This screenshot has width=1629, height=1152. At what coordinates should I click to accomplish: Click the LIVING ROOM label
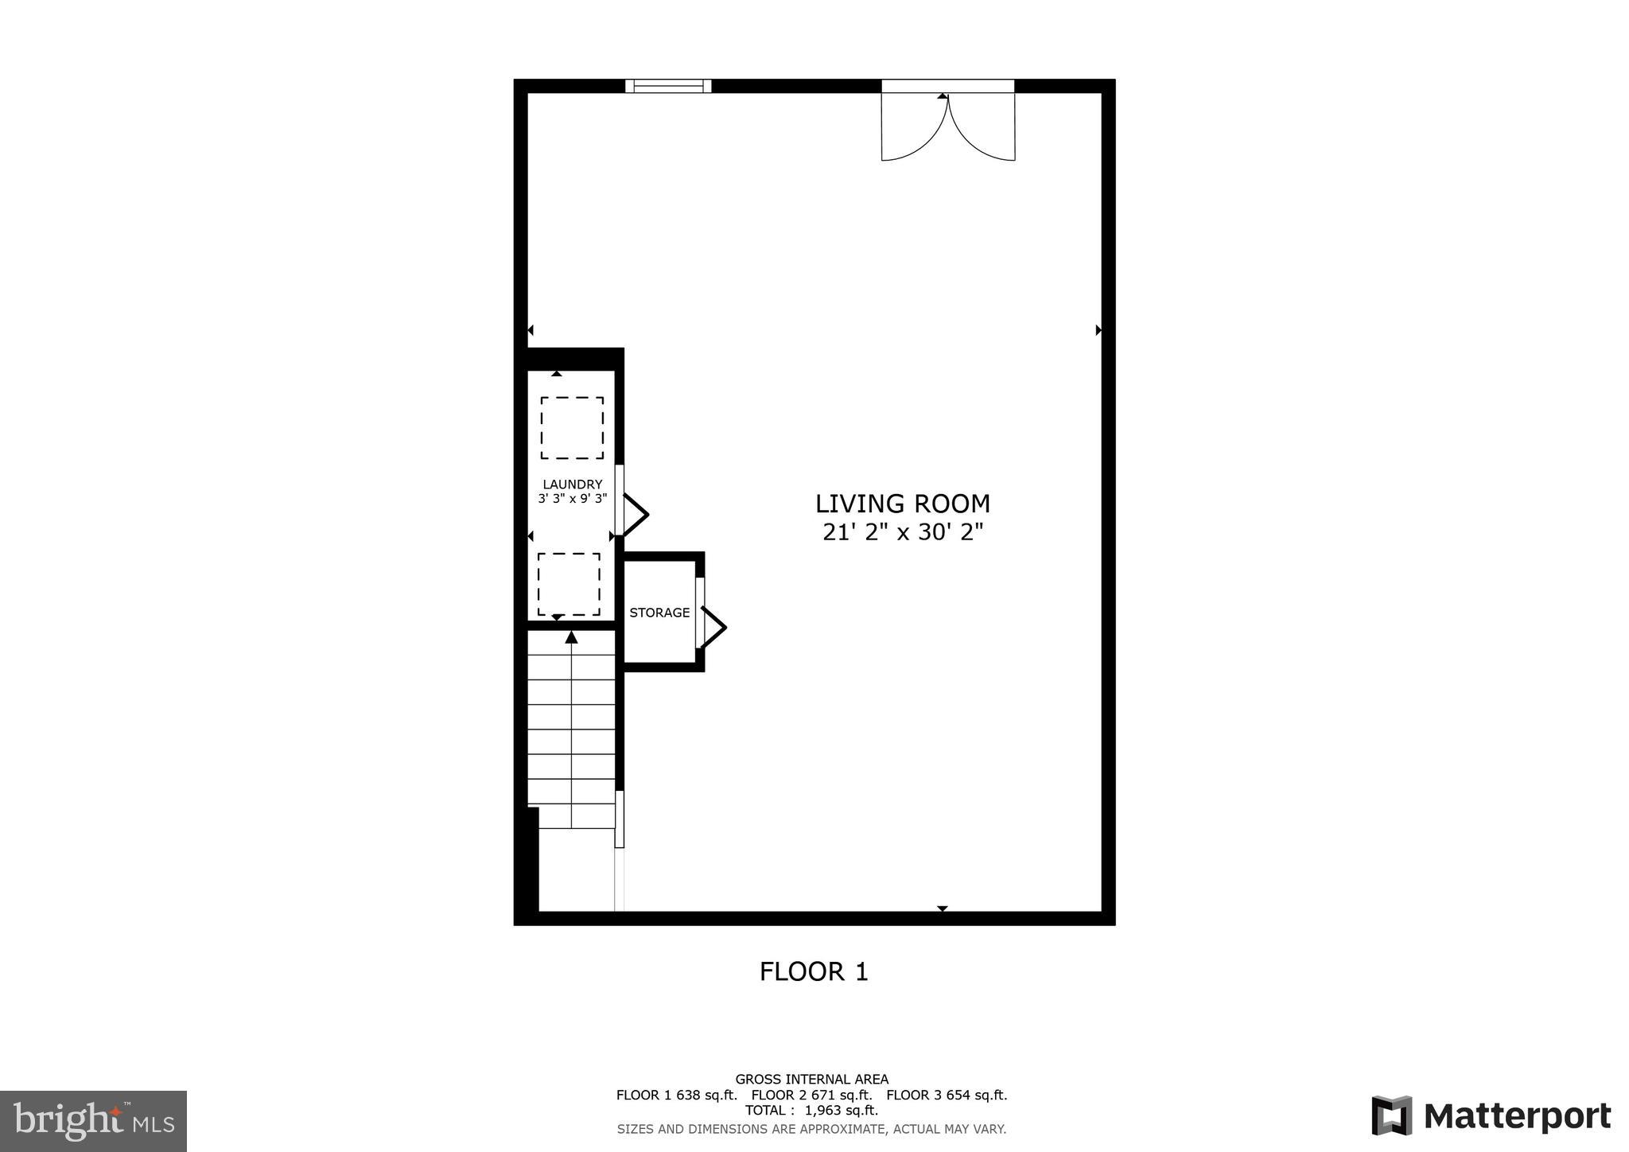tap(903, 504)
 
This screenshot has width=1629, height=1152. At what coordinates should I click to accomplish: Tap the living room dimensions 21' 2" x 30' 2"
tap(903, 532)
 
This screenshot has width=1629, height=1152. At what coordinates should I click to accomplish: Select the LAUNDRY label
tap(572, 485)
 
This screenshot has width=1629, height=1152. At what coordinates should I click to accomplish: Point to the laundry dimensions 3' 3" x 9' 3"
tap(572, 499)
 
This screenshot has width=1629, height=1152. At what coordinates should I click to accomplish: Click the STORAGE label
tap(659, 613)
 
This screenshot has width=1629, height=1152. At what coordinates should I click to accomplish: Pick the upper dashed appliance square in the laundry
tap(572, 428)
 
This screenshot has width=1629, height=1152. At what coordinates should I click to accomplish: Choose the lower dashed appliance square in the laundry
tap(569, 584)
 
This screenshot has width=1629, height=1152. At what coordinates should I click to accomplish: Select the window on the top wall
tap(668, 86)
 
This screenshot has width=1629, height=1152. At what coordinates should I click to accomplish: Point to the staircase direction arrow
tap(571, 637)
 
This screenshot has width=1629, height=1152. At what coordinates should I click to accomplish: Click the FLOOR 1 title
tap(814, 971)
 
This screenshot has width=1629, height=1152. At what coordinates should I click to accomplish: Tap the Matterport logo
tap(1491, 1115)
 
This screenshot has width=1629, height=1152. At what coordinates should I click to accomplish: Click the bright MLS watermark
tap(93, 1122)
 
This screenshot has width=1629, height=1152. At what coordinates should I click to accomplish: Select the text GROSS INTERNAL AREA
tap(811, 1080)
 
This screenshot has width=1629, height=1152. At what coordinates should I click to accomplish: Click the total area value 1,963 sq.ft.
tap(842, 1110)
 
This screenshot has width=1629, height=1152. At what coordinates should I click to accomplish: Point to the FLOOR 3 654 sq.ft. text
tap(947, 1095)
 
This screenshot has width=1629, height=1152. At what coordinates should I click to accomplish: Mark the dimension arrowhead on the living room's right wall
tap(1098, 330)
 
